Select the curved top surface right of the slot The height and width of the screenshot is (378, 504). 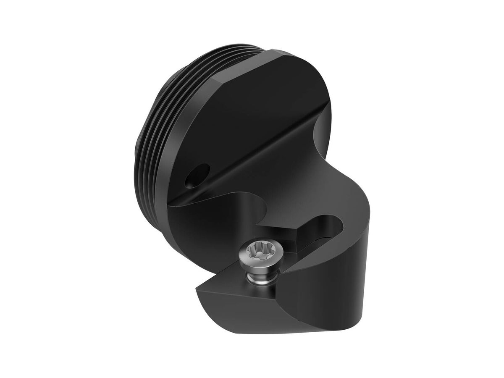(357, 235)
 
